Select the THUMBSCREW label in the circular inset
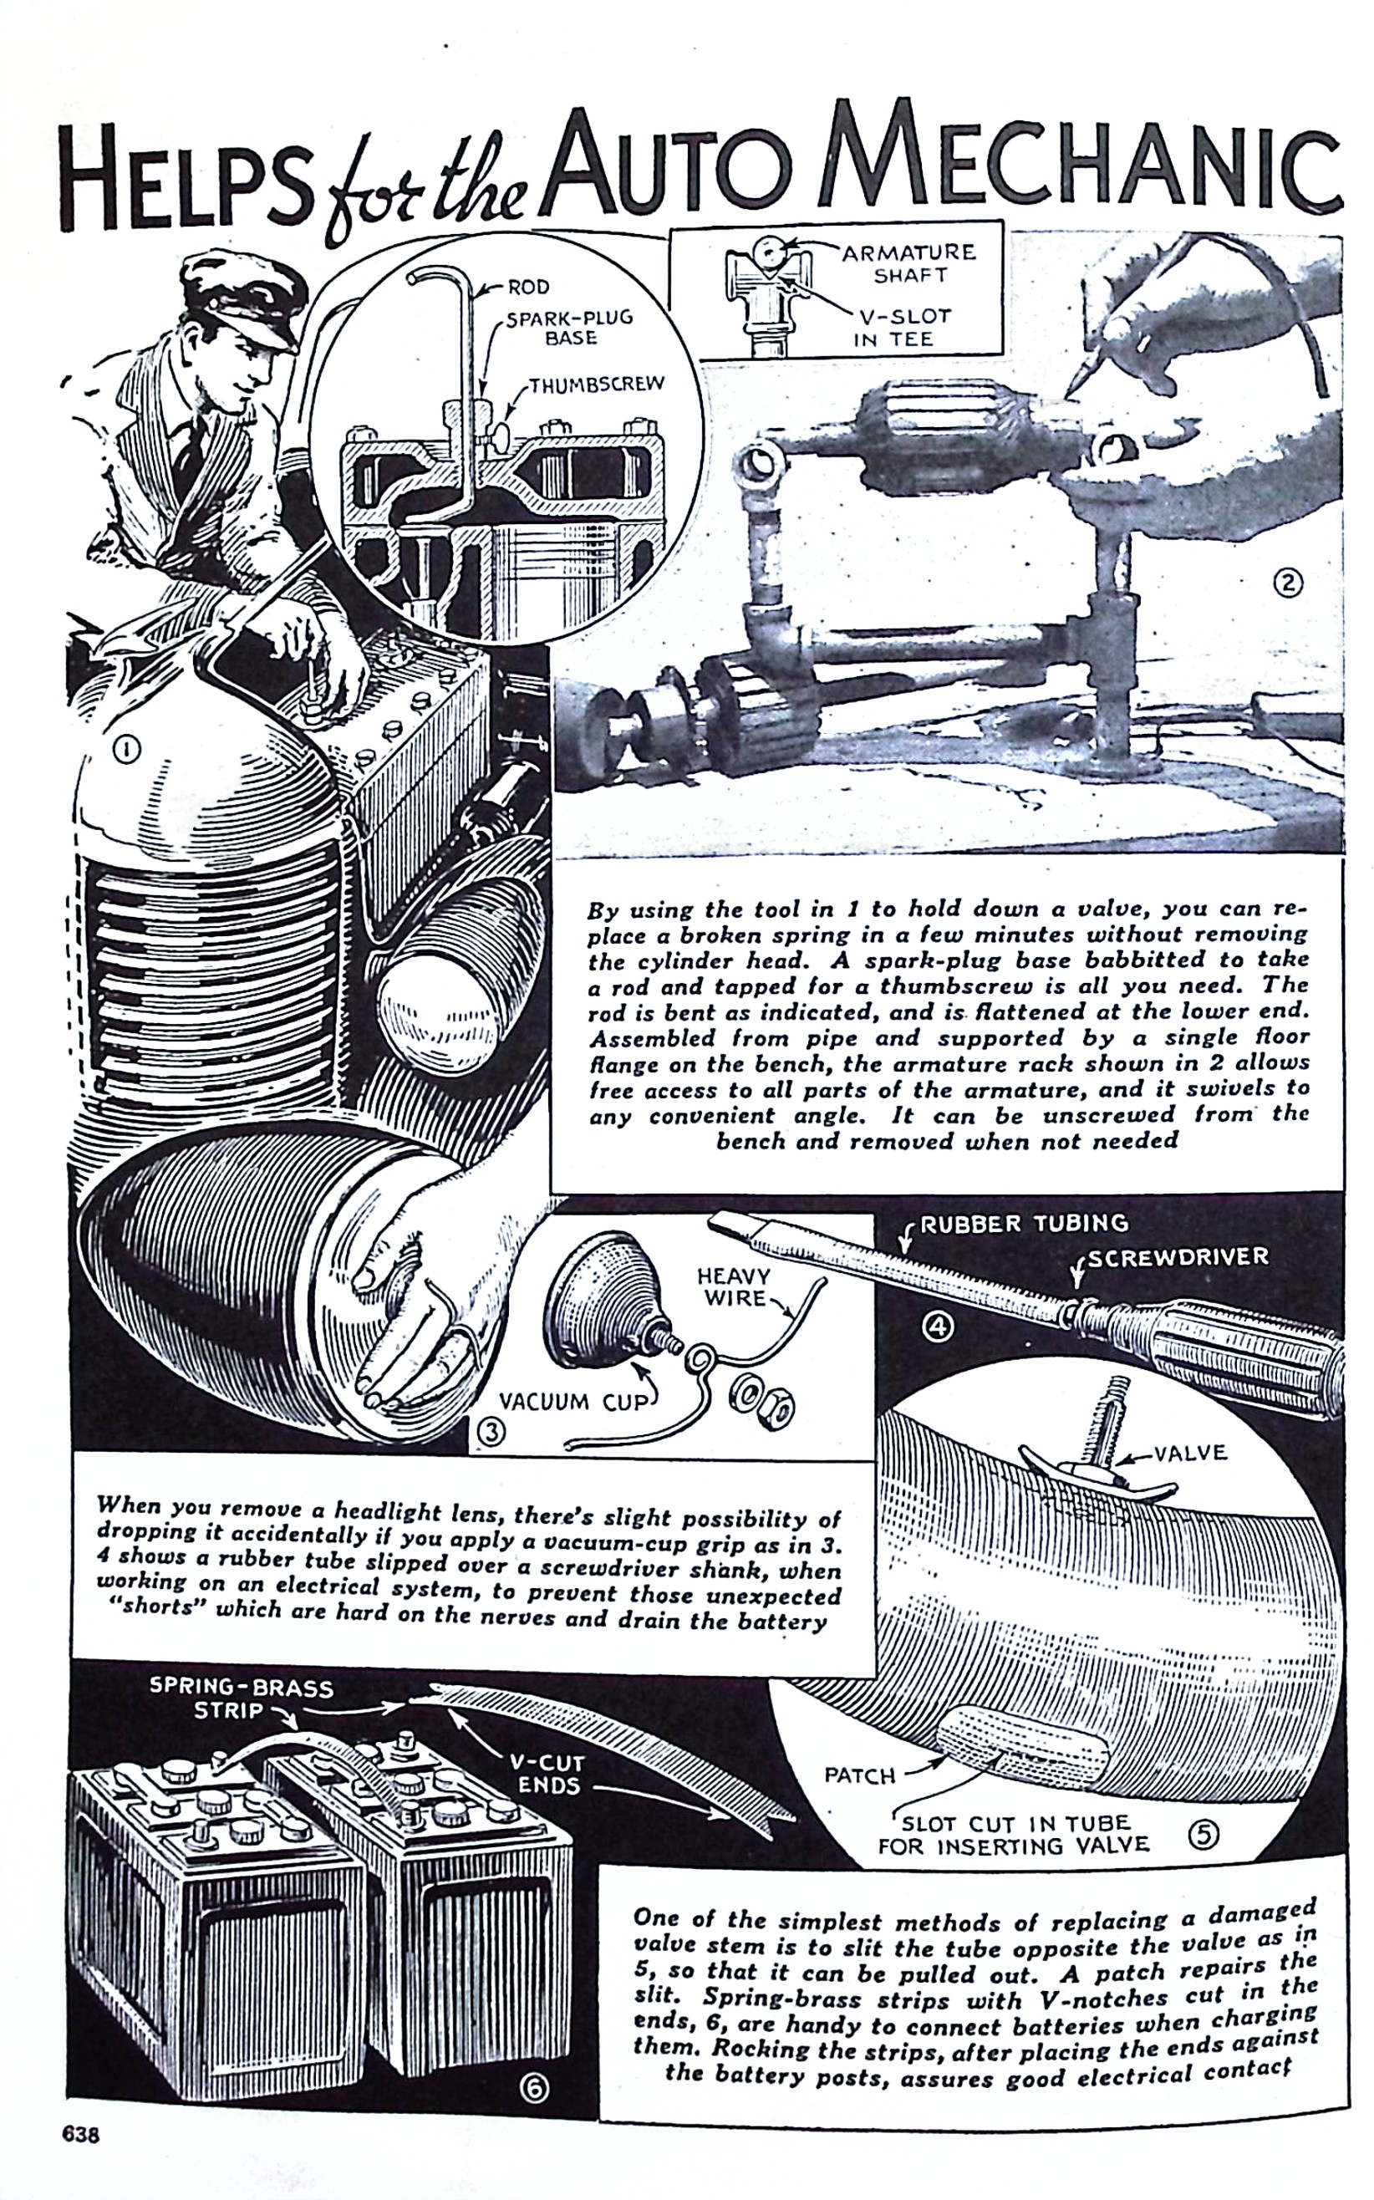pos(597,384)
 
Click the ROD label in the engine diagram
pos(528,288)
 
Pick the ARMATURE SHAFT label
pos(908,262)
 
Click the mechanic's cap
pos(238,295)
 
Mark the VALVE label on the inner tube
pos(1191,1453)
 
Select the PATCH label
pos(860,1775)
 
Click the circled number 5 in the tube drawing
pos(1204,1836)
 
